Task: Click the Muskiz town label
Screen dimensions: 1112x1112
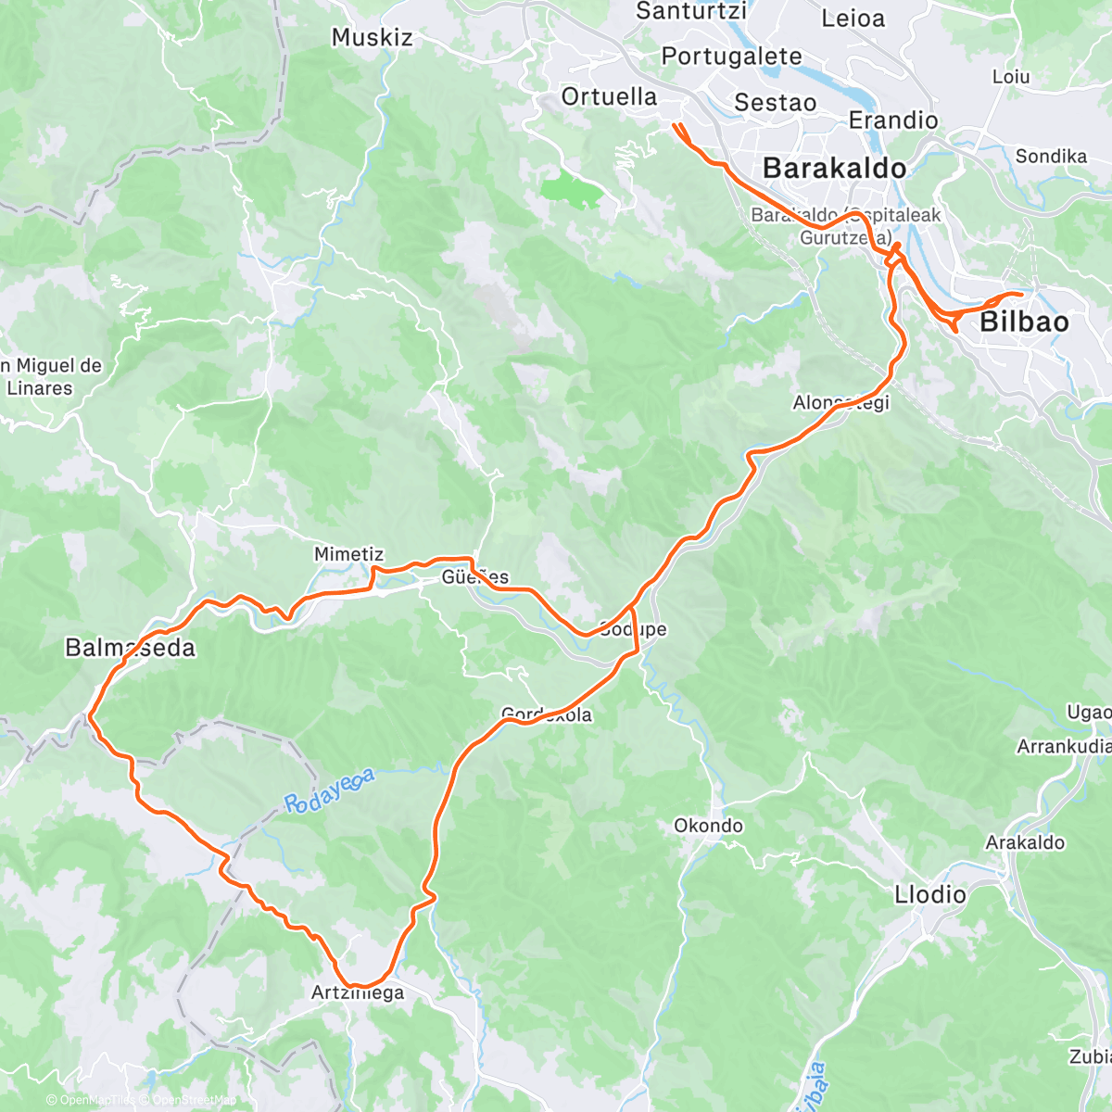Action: pos(372,37)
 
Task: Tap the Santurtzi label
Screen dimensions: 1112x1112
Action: pos(691,11)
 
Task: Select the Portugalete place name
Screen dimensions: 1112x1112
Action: pos(731,57)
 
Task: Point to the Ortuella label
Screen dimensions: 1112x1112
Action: pos(609,96)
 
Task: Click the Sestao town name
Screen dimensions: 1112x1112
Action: pos(775,103)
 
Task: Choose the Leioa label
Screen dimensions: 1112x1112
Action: pos(853,19)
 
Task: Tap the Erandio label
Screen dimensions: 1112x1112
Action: pos(893,120)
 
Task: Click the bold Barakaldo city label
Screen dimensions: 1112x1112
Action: pos(834,168)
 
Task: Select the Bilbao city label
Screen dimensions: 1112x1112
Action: pos(1024,322)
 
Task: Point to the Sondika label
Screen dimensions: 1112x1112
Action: pos(1051,157)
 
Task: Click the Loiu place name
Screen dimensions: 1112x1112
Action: pos(1011,77)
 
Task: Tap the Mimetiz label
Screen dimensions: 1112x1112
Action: pos(348,554)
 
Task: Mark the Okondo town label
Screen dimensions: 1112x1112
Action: pos(708,826)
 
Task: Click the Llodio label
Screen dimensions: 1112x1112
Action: pos(929,895)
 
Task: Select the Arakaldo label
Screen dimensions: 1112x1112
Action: pos(1025,843)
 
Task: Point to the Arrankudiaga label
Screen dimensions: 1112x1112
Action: pos(1064,747)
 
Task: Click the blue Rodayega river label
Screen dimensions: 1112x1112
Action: pos(329,790)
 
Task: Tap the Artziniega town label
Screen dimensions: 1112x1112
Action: pos(358,993)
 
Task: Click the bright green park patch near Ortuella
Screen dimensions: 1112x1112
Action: pos(571,190)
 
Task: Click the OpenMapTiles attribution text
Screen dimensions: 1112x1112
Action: pos(91,1101)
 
